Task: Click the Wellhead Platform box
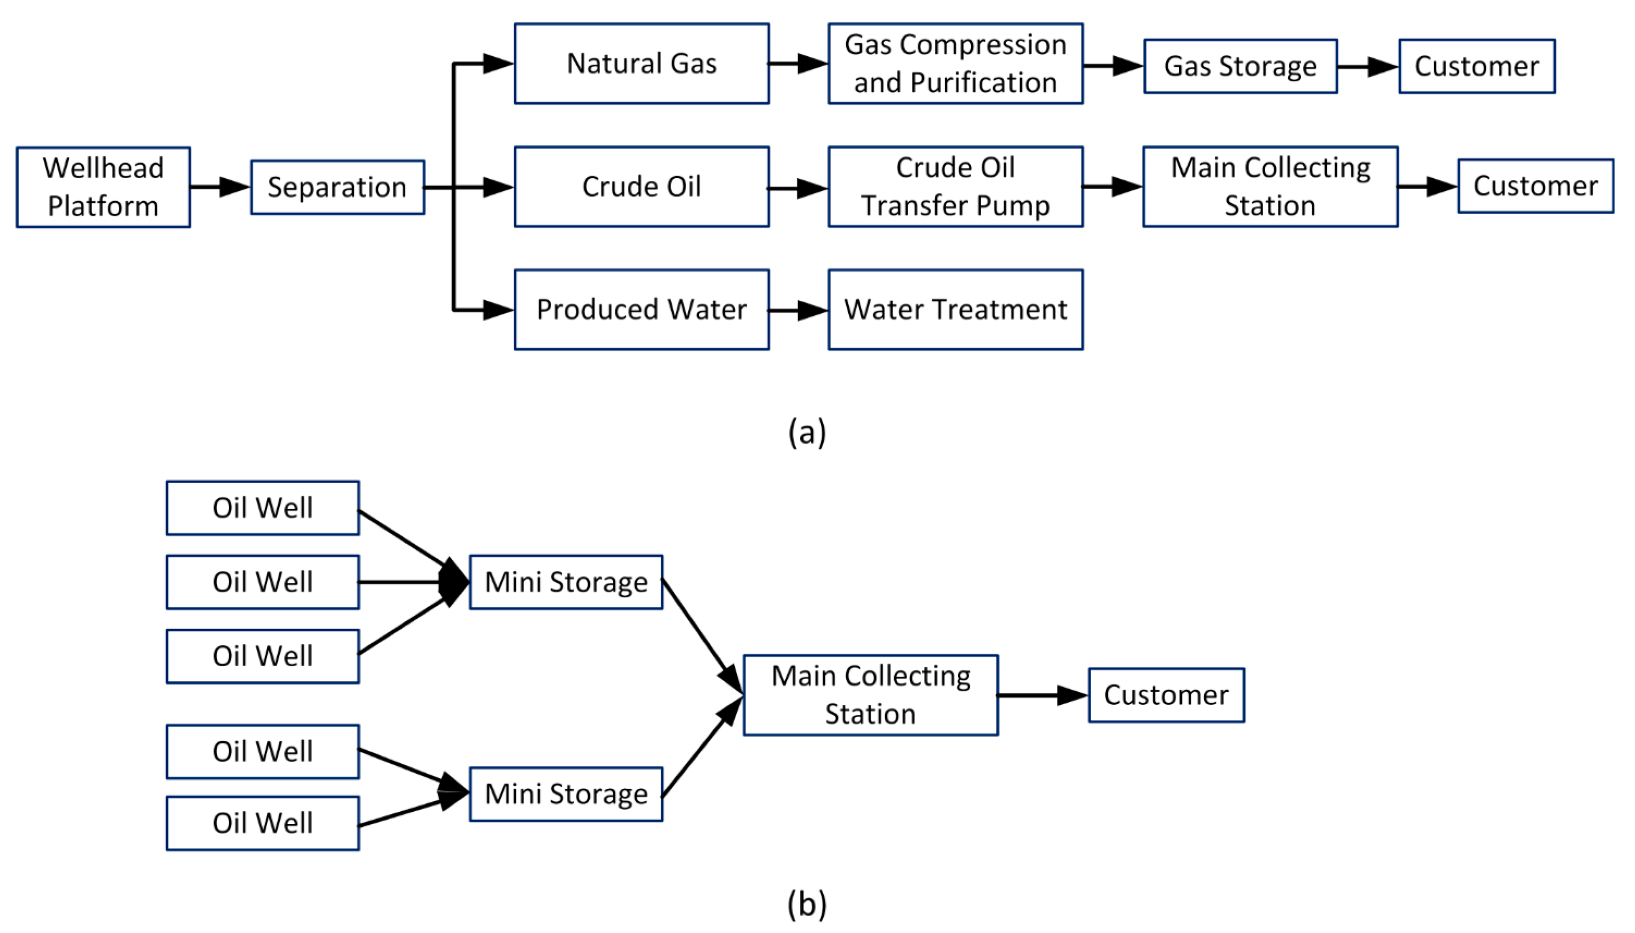(103, 187)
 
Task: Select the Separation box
(337, 187)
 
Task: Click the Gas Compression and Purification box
(955, 64)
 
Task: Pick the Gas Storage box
(1240, 66)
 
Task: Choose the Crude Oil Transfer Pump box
(955, 187)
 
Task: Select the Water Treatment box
(955, 310)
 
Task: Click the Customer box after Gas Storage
(1476, 66)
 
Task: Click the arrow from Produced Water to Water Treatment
(798, 311)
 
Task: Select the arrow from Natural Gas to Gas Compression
(798, 64)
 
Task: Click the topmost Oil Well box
(262, 508)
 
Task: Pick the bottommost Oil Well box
(262, 823)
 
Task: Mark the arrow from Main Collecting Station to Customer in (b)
(1043, 695)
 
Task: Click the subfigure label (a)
(807, 432)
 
